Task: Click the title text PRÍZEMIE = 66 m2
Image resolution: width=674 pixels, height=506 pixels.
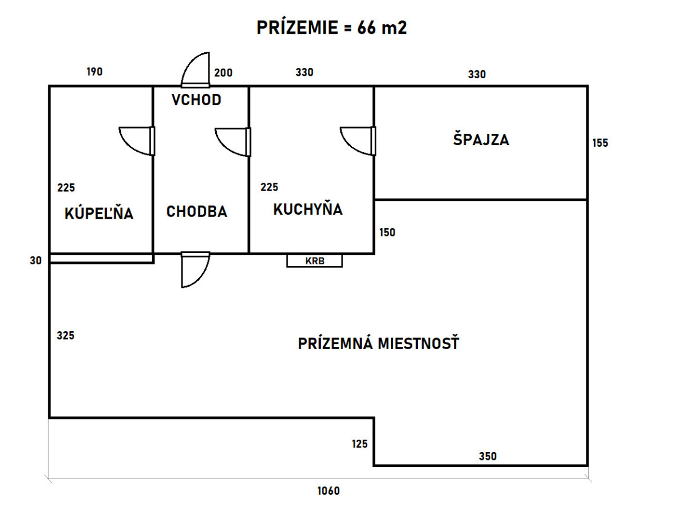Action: [331, 28]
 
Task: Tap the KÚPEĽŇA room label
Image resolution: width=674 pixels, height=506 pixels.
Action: [99, 213]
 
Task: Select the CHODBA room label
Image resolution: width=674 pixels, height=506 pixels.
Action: [197, 211]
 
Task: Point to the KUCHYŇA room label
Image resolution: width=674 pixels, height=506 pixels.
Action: [308, 209]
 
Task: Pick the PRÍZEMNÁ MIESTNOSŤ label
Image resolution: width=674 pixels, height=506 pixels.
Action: [379, 342]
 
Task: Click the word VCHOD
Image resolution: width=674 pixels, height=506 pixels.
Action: [197, 100]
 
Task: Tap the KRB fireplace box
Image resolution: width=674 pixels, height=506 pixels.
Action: [315, 261]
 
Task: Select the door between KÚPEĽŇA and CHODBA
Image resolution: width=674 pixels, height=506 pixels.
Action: [137, 141]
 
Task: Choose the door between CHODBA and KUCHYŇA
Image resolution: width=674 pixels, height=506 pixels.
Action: [233, 142]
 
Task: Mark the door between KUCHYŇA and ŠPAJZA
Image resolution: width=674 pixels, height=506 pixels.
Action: [358, 141]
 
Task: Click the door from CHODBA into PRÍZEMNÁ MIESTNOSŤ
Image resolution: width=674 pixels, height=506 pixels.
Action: [195, 270]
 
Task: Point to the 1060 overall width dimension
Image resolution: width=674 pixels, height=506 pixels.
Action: [329, 491]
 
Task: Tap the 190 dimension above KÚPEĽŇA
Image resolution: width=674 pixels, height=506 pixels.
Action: [94, 71]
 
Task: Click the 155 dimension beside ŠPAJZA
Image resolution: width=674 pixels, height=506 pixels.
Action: [600, 143]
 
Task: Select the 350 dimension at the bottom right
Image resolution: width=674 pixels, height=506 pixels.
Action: [488, 456]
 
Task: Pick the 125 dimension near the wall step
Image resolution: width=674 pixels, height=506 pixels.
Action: [359, 444]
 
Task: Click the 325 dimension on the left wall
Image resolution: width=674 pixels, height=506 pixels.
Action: [65, 335]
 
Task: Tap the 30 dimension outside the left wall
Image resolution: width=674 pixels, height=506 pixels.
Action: [35, 260]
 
